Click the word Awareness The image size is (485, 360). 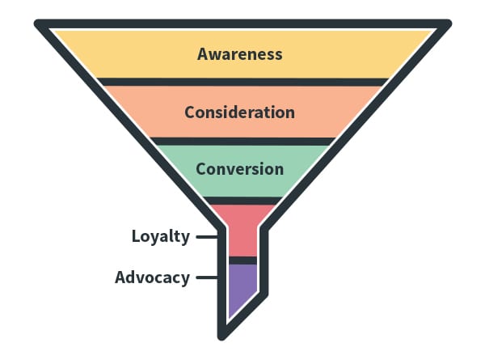pyautogui.click(x=240, y=54)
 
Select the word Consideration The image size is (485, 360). pyautogui.click(x=239, y=112)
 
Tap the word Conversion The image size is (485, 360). pyautogui.click(x=239, y=169)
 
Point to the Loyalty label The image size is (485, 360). pyautogui.click(x=161, y=237)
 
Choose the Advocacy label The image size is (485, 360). pyautogui.click(x=152, y=277)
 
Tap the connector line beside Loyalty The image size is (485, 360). pyautogui.click(x=207, y=237)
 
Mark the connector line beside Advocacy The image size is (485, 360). pyautogui.click(x=207, y=277)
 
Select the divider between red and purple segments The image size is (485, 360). pyautogui.click(x=242, y=260)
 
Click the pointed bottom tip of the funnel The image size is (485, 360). pyautogui.click(x=221, y=334)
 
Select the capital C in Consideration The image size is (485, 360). pyautogui.click(x=190, y=112)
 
